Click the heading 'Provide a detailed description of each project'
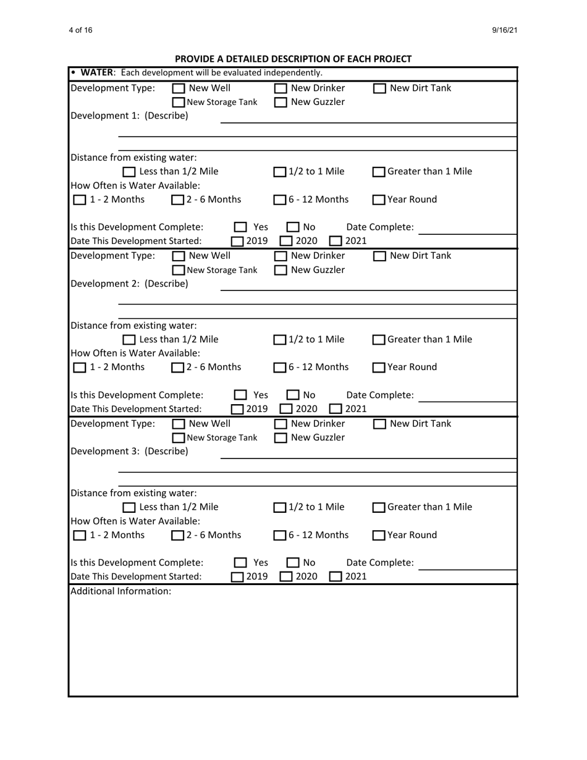293,59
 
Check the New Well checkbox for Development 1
178,88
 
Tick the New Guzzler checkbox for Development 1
281,102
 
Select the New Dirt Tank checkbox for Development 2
380,256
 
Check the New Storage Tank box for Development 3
178,438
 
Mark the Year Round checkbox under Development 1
379,200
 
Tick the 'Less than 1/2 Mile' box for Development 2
130,340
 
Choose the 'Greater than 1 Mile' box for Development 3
379,508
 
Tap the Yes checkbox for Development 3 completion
241,563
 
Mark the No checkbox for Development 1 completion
293,227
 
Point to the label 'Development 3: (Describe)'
130,451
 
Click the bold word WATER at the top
95,74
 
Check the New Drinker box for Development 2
281,256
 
